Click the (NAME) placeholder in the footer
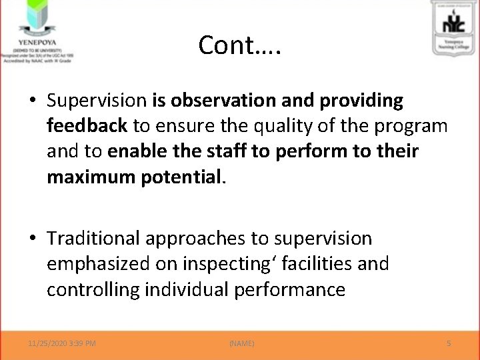pos(241,343)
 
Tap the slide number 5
pos(449,343)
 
